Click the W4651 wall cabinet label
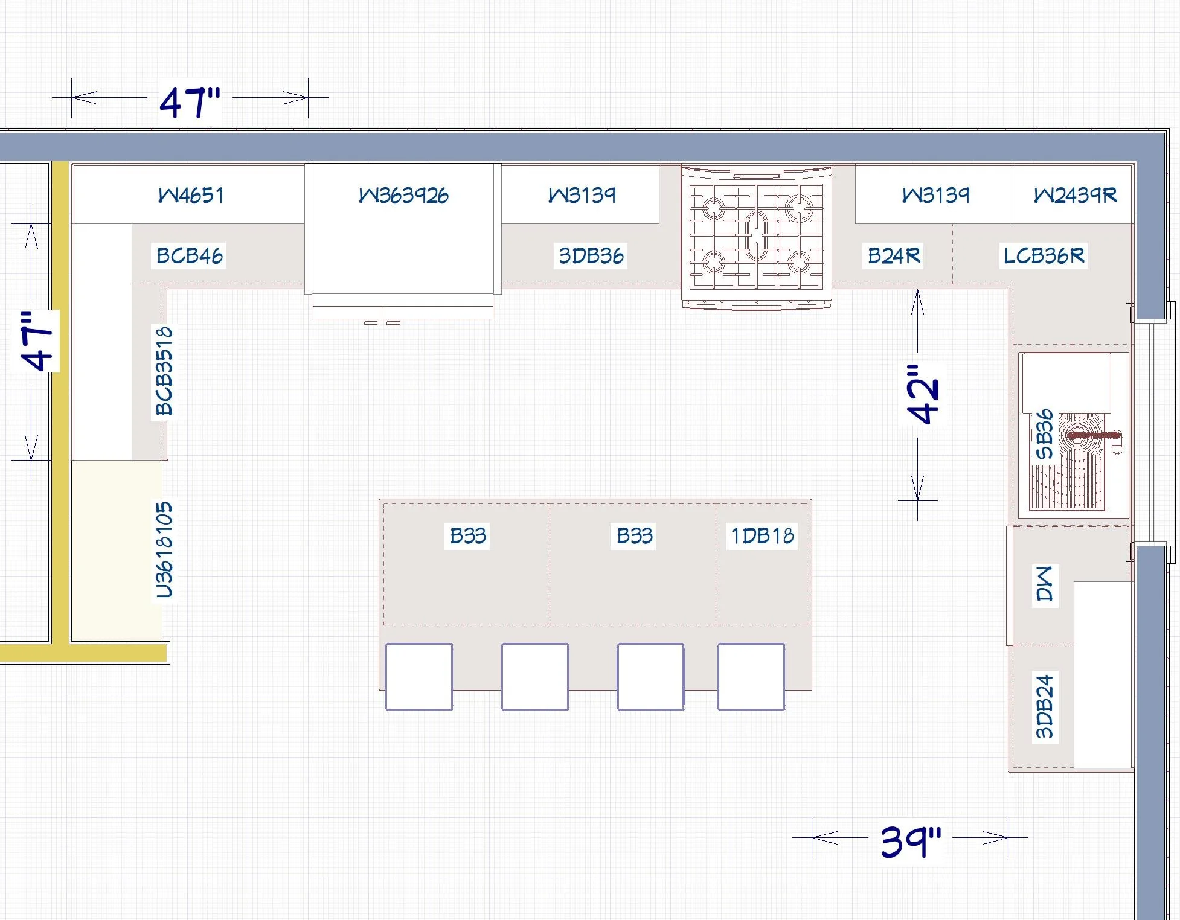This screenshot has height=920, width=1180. click(x=191, y=195)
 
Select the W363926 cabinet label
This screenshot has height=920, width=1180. click(x=403, y=195)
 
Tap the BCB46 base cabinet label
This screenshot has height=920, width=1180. click(x=190, y=255)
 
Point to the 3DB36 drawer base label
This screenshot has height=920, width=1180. click(x=591, y=255)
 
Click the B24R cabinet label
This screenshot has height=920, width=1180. click(x=894, y=255)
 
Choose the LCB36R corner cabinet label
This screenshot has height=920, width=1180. click(x=1044, y=255)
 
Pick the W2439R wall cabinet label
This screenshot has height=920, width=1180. click(x=1075, y=195)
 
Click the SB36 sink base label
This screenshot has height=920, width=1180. click(x=1045, y=434)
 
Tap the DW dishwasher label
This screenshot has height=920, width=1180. click(x=1045, y=584)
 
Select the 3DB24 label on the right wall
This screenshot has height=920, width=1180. click(x=1045, y=706)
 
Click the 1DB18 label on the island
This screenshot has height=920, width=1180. click(x=762, y=535)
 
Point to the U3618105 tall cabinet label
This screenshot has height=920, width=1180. click(x=164, y=550)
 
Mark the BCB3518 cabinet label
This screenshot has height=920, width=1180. click(x=164, y=371)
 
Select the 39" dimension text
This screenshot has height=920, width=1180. click(x=911, y=841)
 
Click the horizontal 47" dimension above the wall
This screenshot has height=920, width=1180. click(x=190, y=101)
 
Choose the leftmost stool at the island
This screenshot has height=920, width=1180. click(x=419, y=677)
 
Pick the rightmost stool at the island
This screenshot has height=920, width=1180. click(x=751, y=677)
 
